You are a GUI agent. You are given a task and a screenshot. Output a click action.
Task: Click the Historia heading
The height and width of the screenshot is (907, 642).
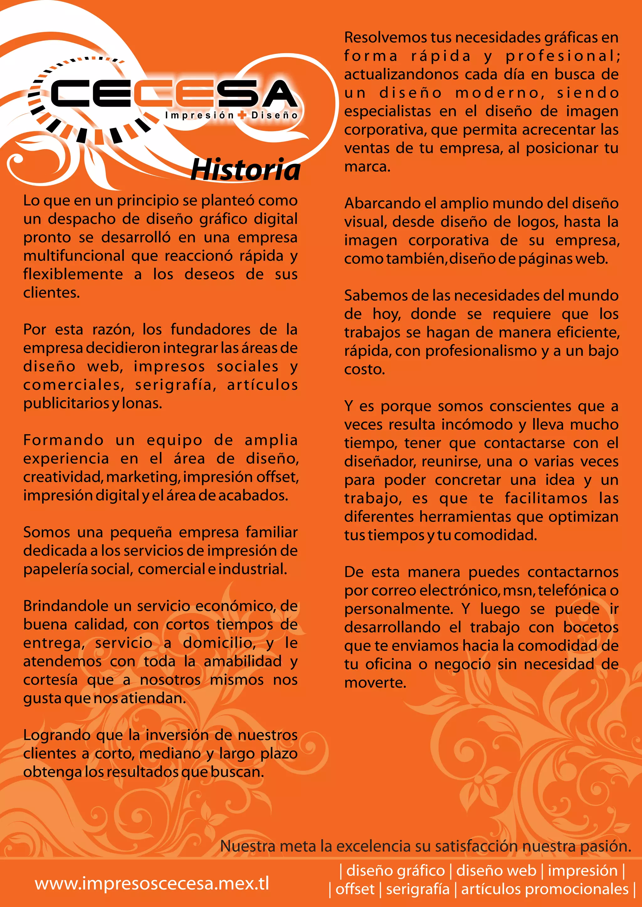(245, 169)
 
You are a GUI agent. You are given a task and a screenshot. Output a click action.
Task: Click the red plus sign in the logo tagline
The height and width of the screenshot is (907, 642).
(242, 115)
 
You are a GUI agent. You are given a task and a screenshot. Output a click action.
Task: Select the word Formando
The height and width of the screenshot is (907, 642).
(63, 440)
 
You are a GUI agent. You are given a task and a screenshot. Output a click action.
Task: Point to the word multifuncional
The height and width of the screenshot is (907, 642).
(74, 256)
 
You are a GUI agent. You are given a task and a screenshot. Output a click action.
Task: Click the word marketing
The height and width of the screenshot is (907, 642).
(144, 477)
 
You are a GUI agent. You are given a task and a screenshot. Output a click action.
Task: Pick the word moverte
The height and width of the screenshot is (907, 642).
(375, 683)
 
